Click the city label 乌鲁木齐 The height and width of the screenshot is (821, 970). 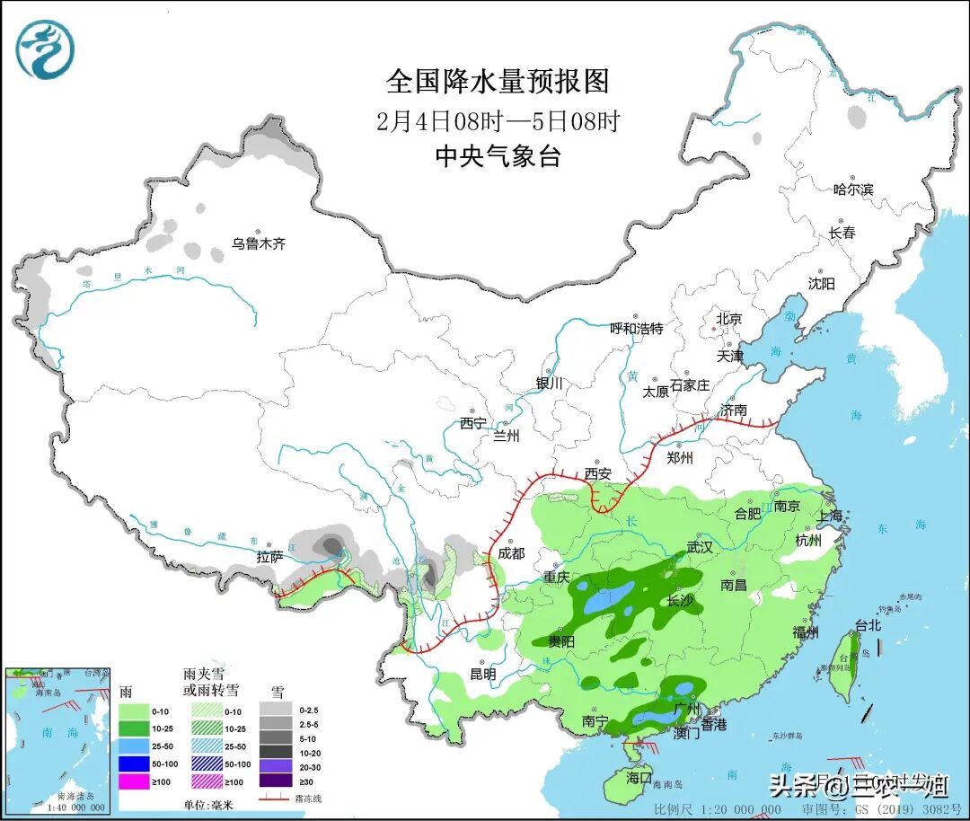[x=259, y=243]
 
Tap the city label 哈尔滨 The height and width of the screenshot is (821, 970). [x=852, y=190]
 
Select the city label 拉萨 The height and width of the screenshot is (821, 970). [x=269, y=558]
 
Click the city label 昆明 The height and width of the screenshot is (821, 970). [x=482, y=674]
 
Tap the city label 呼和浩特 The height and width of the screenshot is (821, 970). [x=636, y=329]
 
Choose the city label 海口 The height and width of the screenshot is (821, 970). [x=639, y=777]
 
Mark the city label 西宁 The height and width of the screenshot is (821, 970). [x=473, y=422]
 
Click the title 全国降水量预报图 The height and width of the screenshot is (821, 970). [x=498, y=82]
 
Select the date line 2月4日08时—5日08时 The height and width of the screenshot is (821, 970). [x=498, y=121]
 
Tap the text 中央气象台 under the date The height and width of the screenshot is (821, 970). [x=498, y=156]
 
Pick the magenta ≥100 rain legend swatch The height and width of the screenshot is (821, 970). [x=133, y=781]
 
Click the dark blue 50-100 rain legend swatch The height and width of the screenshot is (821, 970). [x=133, y=764]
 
